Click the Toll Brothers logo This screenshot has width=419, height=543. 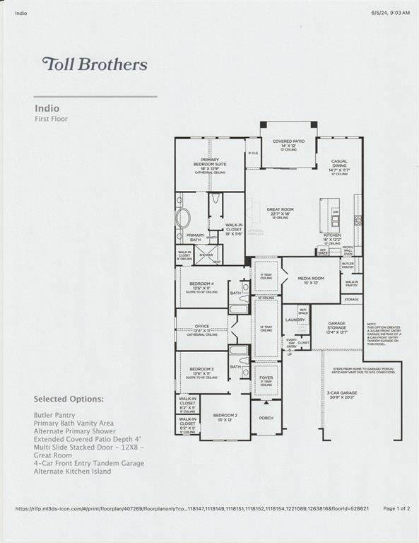click(x=95, y=64)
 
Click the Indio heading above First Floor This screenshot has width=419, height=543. click(x=45, y=108)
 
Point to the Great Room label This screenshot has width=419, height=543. click(x=280, y=210)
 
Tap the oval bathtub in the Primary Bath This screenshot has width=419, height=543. click(x=183, y=217)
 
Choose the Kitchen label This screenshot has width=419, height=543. click(x=332, y=235)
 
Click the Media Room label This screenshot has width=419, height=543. click(x=311, y=279)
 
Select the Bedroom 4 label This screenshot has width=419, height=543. click(x=201, y=284)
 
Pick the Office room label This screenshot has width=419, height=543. click(x=201, y=327)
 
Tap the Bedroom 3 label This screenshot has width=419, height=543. click(x=201, y=369)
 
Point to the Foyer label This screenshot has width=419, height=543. click(x=267, y=377)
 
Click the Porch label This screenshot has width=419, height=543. click(x=266, y=418)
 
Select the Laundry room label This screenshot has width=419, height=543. click(x=295, y=320)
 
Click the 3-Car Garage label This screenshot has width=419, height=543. click(x=341, y=392)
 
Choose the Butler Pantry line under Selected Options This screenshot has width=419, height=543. click(x=54, y=415)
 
